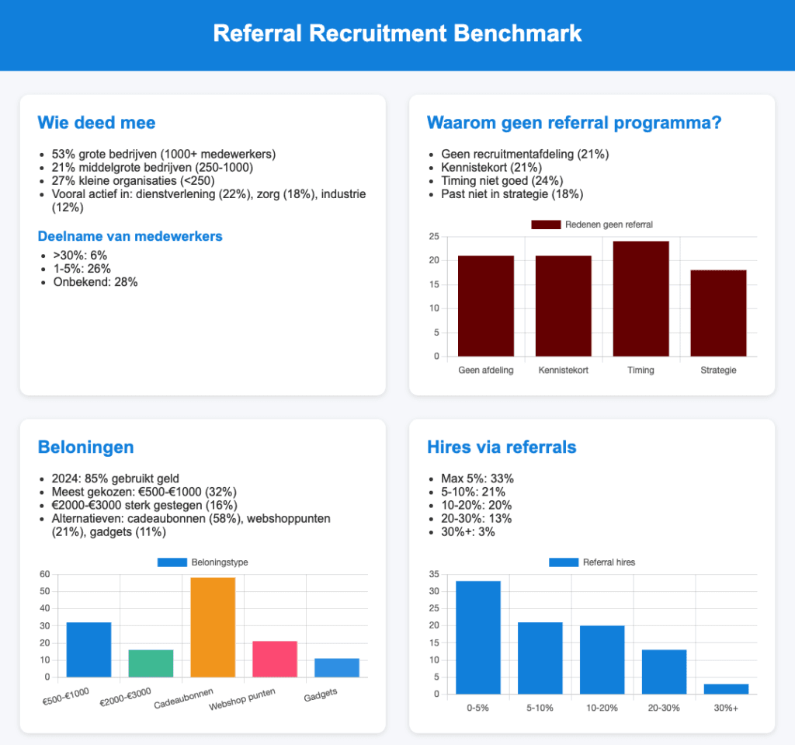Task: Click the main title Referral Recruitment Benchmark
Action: [x=397, y=34]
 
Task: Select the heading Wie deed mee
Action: [x=96, y=122]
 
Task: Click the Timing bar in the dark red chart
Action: [x=641, y=299]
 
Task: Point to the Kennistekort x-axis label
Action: [x=563, y=371]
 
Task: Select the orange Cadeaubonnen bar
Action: [x=213, y=627]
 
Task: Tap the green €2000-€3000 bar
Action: [x=151, y=663]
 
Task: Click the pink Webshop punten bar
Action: [x=275, y=659]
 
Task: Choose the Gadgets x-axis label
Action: [x=321, y=694]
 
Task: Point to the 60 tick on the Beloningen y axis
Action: [x=44, y=575]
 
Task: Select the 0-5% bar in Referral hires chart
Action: [x=478, y=638]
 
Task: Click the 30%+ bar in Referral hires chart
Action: [x=726, y=689]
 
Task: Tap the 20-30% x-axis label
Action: [x=664, y=708]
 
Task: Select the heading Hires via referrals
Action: [x=502, y=447]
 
